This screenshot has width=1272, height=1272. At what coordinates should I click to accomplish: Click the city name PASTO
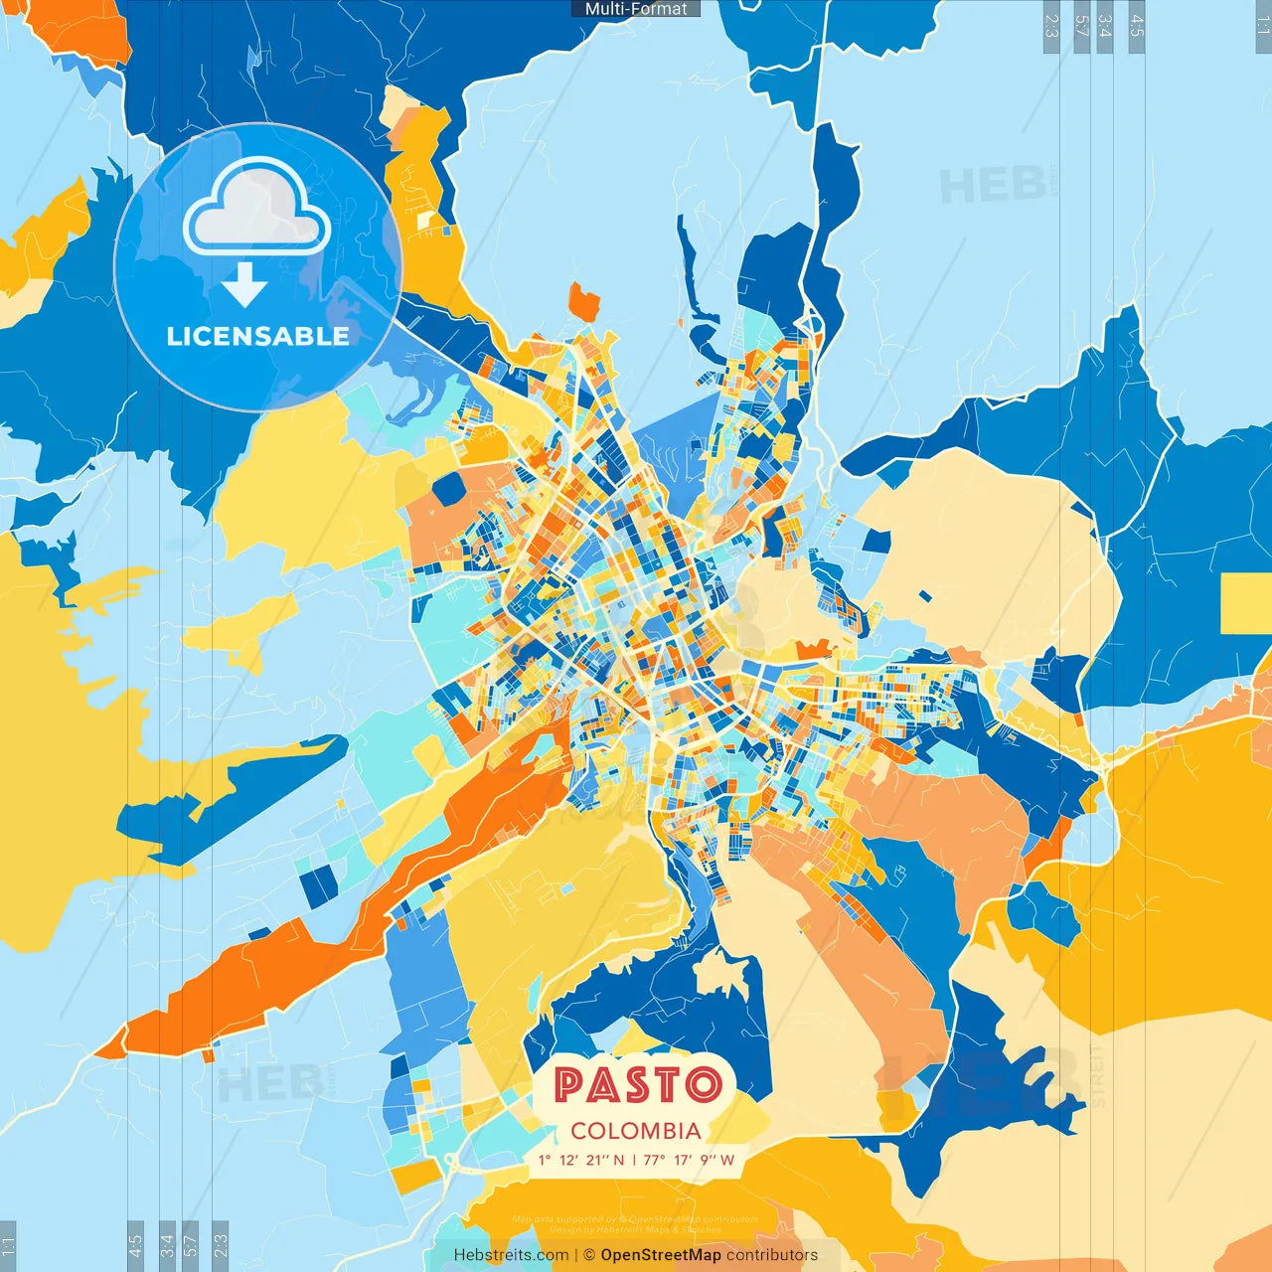637,1085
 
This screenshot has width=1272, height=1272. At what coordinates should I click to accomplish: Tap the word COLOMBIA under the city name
636,1131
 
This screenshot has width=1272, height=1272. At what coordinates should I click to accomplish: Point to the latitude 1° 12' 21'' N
581,1160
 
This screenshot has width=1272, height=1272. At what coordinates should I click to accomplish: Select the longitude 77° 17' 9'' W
689,1160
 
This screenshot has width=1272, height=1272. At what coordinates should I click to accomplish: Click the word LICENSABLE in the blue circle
257,336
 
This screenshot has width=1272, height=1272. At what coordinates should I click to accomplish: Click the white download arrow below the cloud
244,285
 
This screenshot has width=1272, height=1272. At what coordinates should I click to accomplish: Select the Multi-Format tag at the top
636,9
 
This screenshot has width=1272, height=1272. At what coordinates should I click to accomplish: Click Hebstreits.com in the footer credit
511,1255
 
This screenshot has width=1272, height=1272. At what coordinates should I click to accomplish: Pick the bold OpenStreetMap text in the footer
661,1255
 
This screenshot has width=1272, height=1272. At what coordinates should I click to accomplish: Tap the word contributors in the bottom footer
772,1255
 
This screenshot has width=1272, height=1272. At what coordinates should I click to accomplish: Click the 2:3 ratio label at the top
1051,26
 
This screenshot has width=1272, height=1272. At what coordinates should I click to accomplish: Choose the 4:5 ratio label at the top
1137,26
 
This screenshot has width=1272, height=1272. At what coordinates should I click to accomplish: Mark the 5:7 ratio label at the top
1081,26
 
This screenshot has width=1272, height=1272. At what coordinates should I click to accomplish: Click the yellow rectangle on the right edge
1246,603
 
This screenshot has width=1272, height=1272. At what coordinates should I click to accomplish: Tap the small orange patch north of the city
584,300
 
